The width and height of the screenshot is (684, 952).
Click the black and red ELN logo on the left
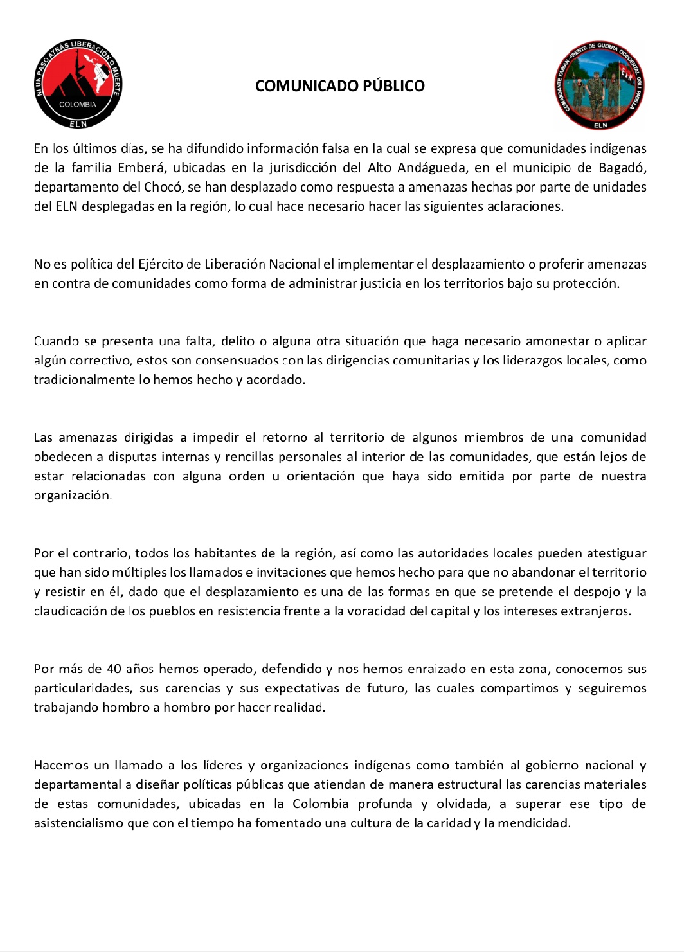[78, 84]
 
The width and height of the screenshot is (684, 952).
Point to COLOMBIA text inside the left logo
[78, 104]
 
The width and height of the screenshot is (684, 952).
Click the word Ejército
[159, 264]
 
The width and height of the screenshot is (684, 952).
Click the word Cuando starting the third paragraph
[57, 341]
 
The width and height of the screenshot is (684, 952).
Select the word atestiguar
[615, 553]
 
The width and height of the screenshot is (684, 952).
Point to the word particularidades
[82, 688]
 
